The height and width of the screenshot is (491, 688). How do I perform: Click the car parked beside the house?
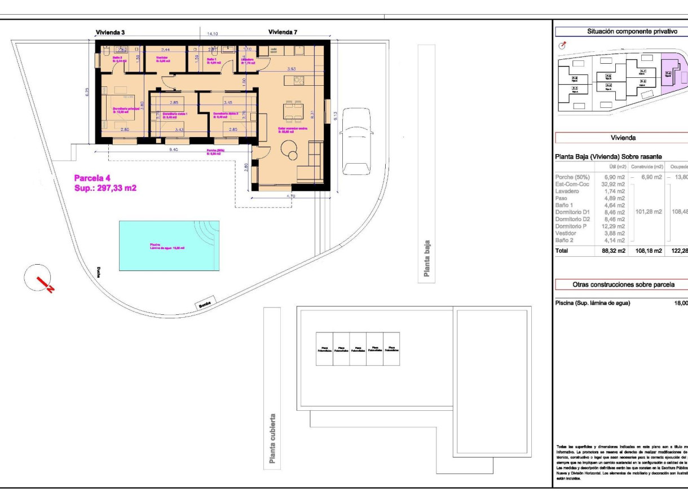357,142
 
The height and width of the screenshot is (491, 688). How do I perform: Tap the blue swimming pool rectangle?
169,246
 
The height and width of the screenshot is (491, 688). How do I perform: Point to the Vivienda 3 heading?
109,33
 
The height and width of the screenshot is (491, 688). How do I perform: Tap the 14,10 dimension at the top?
212,34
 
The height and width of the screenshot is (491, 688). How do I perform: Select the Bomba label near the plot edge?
205,305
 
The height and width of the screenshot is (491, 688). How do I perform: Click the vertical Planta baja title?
427,258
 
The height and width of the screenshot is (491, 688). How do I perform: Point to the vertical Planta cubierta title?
273,439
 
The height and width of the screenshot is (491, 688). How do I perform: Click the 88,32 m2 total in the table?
612,250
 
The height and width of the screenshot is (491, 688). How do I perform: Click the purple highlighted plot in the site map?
671,76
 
